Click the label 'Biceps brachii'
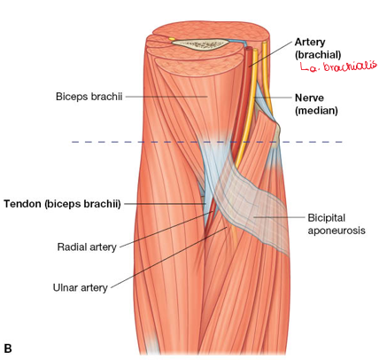point(89,97)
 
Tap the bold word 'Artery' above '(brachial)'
point(310,43)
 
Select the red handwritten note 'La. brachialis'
point(338,66)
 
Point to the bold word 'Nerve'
point(309,98)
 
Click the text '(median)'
point(316,111)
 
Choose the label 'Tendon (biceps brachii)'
point(62,204)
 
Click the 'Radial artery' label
point(87,247)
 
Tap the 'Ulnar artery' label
point(80,287)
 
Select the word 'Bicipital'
point(326,218)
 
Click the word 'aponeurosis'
point(337,231)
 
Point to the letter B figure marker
point(8,348)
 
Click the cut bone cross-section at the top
point(200,44)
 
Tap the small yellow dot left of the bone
point(172,39)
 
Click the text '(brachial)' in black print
point(318,55)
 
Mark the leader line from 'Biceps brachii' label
point(166,97)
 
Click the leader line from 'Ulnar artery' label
point(169,257)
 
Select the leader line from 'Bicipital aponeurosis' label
point(279,217)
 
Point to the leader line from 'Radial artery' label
point(166,229)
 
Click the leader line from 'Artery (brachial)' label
point(270,54)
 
